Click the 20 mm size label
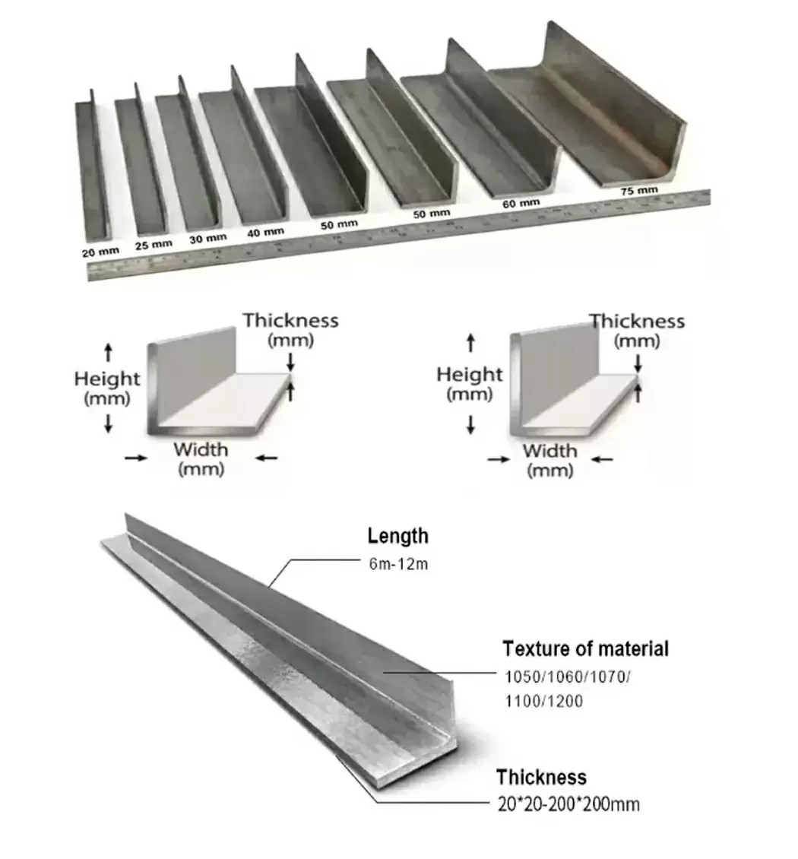pos(100,252)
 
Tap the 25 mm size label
pos(154,244)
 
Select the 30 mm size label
pos(208,238)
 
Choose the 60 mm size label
pos(521,203)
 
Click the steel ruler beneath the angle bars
pos(399,235)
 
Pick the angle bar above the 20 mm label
pos(93,164)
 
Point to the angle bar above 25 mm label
pos(141,159)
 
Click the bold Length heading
pos(398,536)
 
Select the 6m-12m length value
pos(398,564)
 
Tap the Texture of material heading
pos(585,648)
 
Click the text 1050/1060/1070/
pos(568,677)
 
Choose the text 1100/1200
pos(544,701)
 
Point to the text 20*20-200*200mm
pos(568,804)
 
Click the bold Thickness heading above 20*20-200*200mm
pos(541,778)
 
